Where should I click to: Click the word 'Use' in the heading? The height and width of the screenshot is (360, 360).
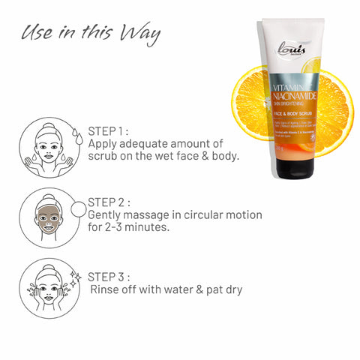coord(37,34)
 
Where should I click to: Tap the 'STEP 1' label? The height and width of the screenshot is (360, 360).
coord(109,129)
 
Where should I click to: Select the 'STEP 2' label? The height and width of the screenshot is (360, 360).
coord(109,201)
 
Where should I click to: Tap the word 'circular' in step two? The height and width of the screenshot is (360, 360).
coord(203,214)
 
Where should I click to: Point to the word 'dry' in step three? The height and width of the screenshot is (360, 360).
coord(231,287)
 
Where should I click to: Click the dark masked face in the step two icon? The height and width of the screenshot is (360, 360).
coord(48,220)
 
